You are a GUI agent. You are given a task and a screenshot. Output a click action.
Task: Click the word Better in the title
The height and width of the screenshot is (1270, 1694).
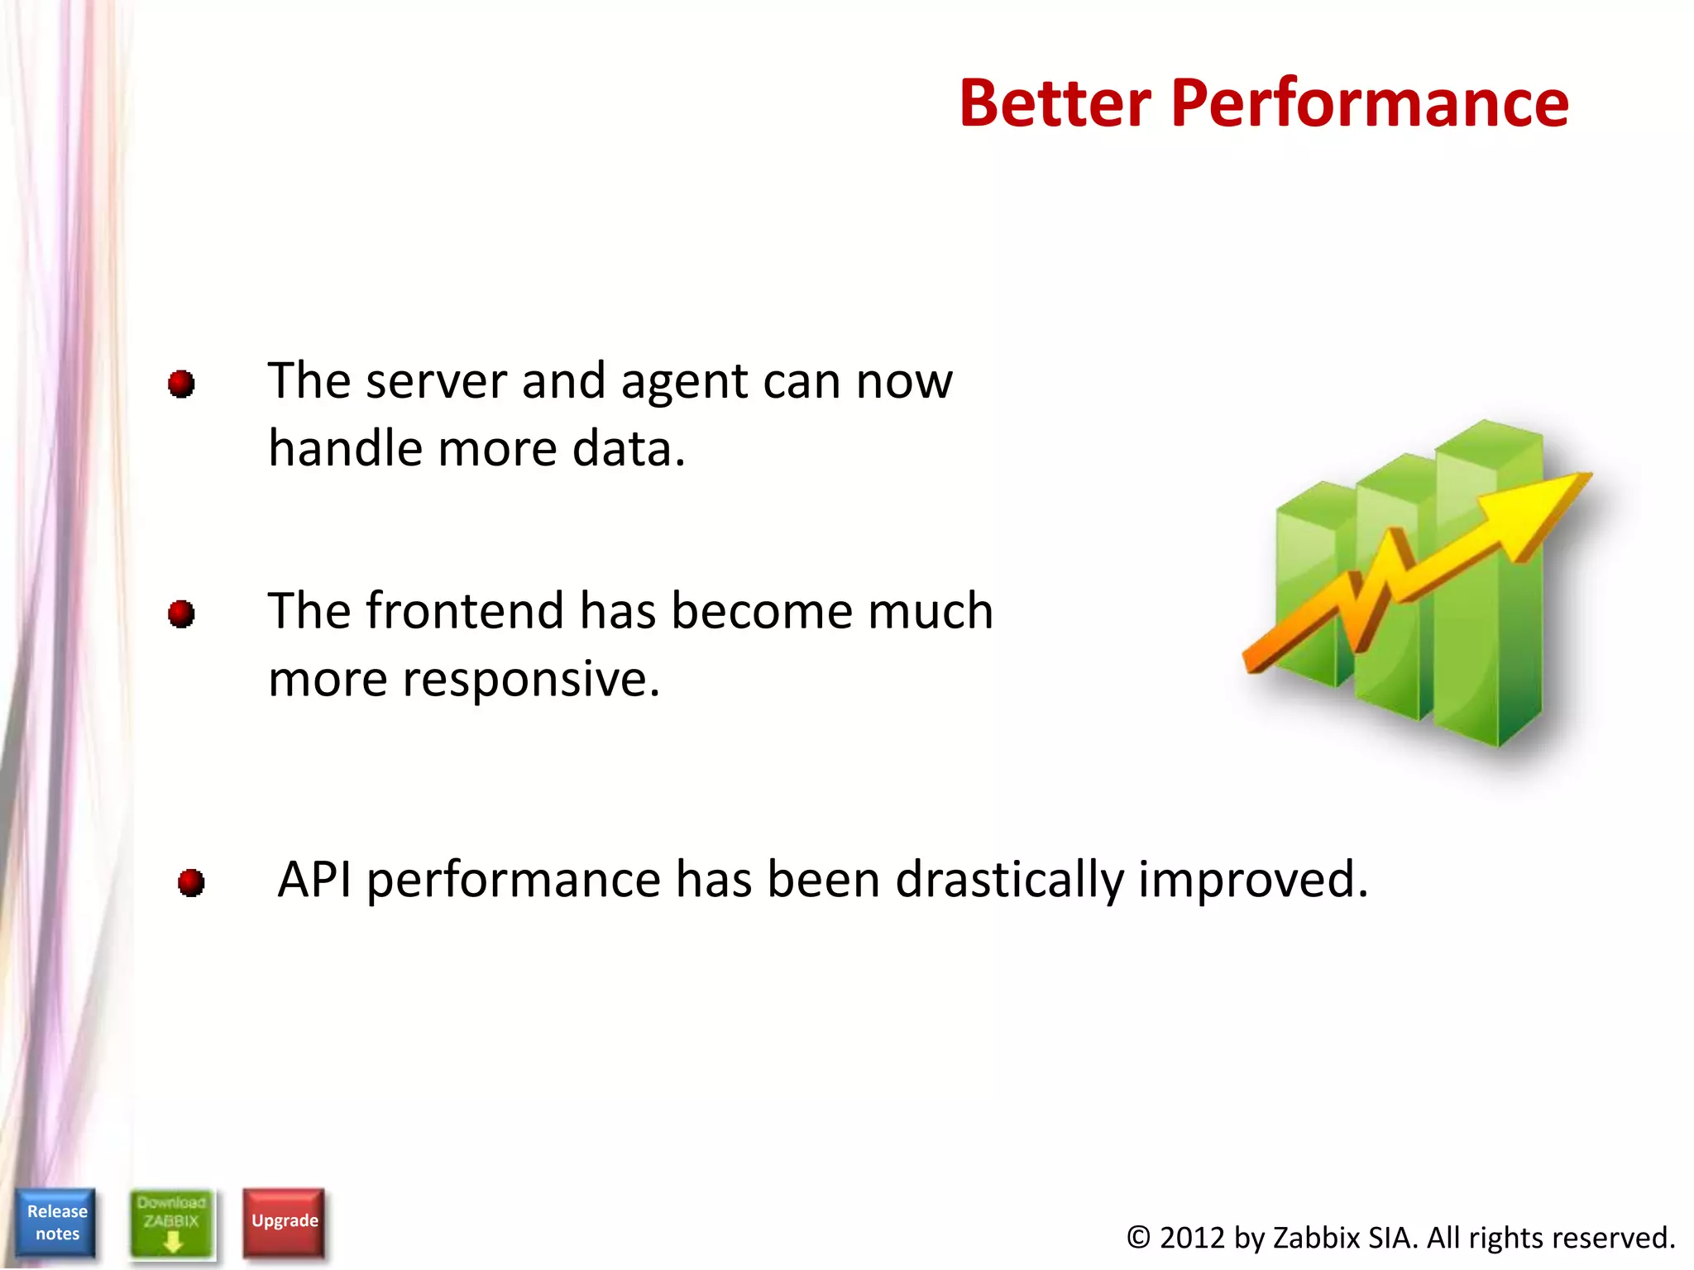point(1055,103)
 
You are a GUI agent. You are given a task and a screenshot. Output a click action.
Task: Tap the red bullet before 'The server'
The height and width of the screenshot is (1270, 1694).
point(181,384)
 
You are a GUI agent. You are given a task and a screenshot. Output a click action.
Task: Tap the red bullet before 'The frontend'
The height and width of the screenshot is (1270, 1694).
point(181,614)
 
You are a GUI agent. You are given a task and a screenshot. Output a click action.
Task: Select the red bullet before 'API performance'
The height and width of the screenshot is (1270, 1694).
point(191,882)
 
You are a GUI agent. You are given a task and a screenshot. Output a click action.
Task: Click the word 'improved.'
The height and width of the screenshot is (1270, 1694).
point(1253,879)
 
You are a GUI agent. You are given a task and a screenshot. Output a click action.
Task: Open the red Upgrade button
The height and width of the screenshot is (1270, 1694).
point(285,1222)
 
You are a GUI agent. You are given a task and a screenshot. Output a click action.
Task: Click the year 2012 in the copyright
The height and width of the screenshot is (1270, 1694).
point(1191,1238)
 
